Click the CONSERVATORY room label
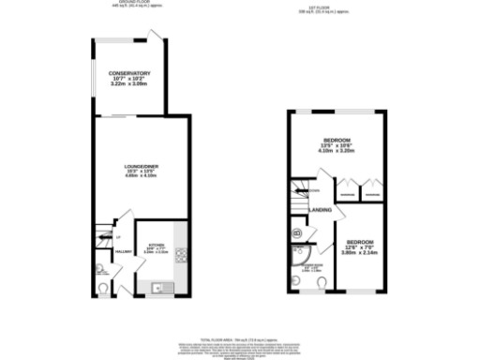(x=129, y=72)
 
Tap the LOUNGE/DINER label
(x=142, y=167)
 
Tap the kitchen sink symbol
(x=160, y=288)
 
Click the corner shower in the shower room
(x=301, y=255)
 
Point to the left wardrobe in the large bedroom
(x=346, y=189)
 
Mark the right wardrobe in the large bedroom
(x=371, y=189)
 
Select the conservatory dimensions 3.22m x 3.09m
(x=129, y=85)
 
